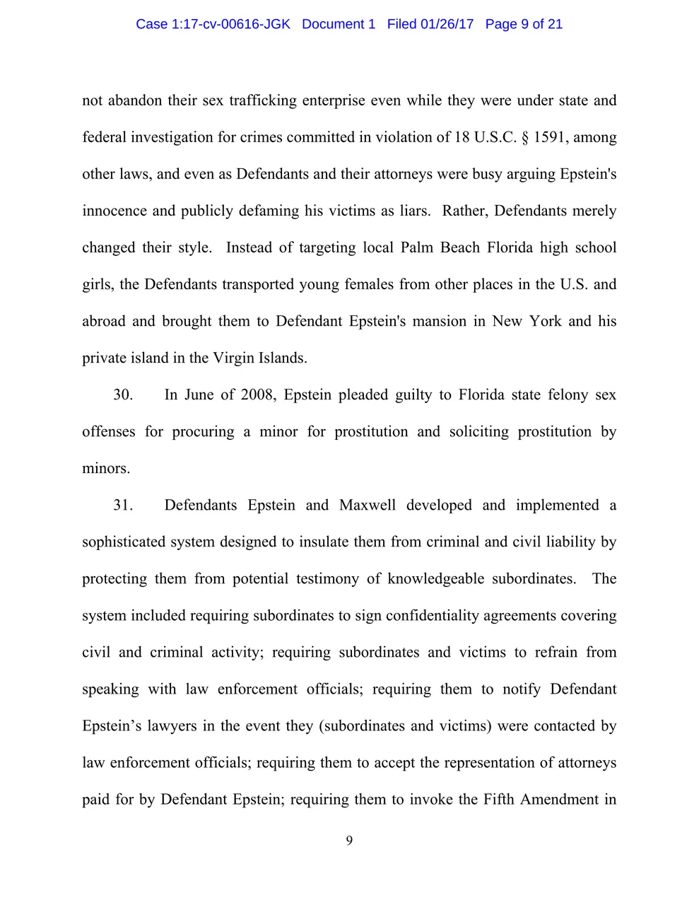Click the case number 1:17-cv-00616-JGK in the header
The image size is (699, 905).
(x=230, y=24)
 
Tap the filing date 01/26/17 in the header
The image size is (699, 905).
(x=447, y=24)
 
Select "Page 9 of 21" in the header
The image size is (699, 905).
(x=524, y=24)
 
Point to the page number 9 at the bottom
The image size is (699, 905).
(x=349, y=841)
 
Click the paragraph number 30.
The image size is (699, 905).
(x=123, y=395)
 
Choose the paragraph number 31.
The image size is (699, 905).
(x=123, y=505)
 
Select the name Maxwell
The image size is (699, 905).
(x=368, y=505)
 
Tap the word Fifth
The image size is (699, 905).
(x=499, y=799)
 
